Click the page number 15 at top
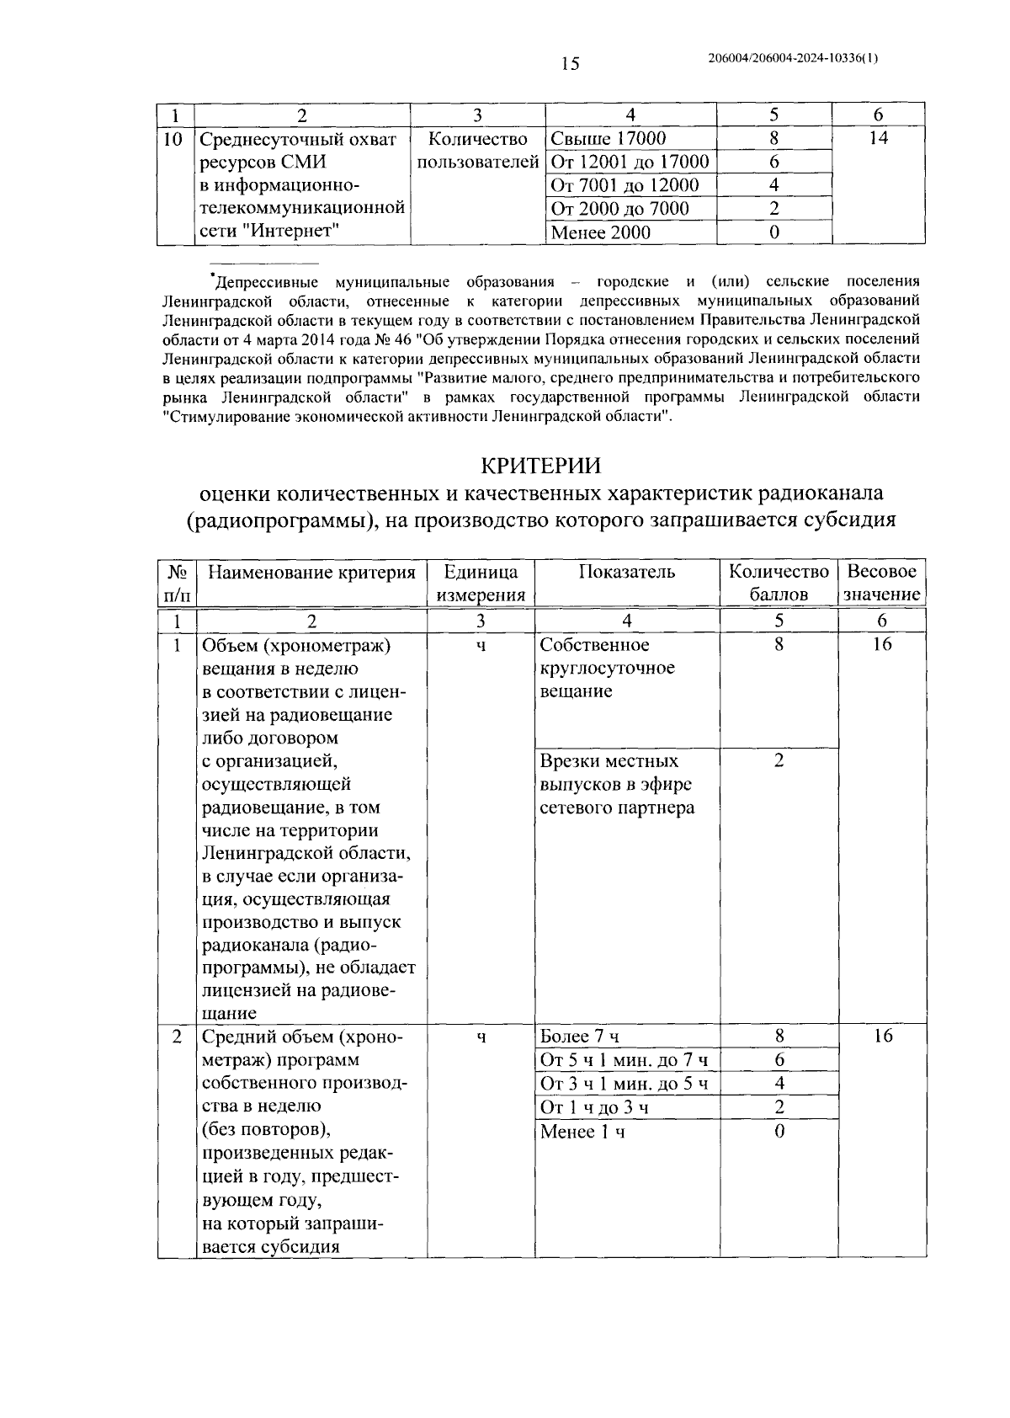(x=570, y=63)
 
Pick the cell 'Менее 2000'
(x=600, y=232)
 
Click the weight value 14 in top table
(x=878, y=139)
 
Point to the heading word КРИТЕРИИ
(x=542, y=466)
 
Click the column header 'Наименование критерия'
(x=311, y=573)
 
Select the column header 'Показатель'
(x=627, y=573)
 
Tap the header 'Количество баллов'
(x=779, y=583)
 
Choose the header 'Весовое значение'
(x=881, y=583)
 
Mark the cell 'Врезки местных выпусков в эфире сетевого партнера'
(x=617, y=785)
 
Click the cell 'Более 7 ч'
(x=580, y=1037)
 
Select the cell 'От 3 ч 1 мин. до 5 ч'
(x=624, y=1084)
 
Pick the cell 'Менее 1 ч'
(x=582, y=1132)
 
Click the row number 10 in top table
(x=172, y=139)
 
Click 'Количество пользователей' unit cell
(x=477, y=150)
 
